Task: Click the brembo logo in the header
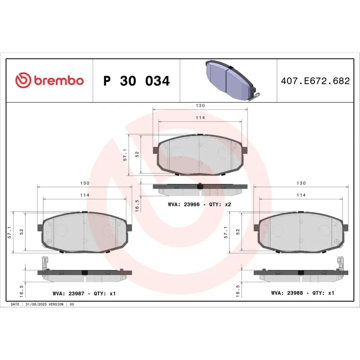tap(49, 81)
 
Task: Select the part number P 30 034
tap(136, 81)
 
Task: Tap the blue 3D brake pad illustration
tap(229, 80)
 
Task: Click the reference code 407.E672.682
tap(315, 81)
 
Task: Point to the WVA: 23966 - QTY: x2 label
tap(199, 204)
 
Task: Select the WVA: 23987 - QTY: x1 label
tap(84, 293)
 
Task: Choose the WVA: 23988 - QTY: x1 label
tap(302, 293)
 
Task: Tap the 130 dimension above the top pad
tap(200, 105)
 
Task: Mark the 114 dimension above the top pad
tap(200, 117)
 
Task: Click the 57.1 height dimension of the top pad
tap(125, 155)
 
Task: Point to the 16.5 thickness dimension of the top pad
tap(137, 205)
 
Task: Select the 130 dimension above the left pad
tap(85, 183)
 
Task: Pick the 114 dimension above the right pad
tap(301, 195)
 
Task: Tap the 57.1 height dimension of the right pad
tap(226, 232)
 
